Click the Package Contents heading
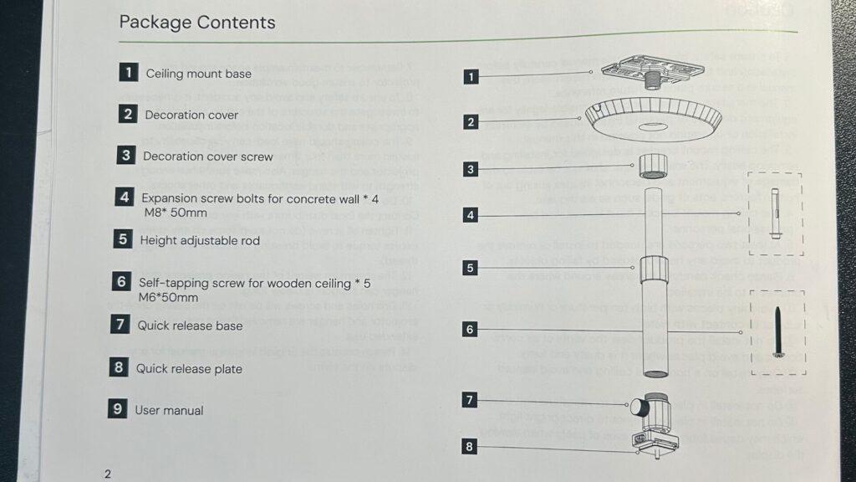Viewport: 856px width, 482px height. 197,23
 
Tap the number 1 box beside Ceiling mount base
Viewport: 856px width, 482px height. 128,73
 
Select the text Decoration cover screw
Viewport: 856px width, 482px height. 207,156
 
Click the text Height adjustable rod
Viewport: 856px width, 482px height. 200,241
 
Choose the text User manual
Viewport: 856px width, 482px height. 169,410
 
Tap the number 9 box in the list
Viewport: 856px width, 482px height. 117,409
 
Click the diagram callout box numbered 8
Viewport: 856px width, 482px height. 470,447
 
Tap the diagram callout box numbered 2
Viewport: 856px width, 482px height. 471,122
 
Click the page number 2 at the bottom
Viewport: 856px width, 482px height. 108,473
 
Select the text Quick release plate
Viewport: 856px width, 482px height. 189,369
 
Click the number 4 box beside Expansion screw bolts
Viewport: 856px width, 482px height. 125,198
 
